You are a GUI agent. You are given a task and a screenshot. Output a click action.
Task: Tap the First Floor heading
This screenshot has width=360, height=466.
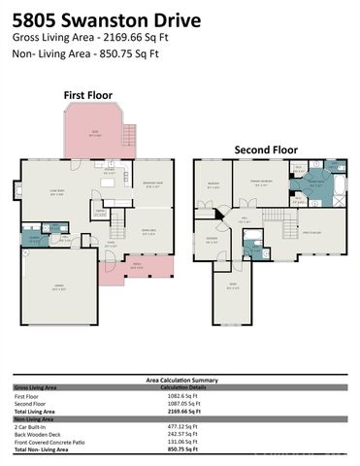tap(88, 95)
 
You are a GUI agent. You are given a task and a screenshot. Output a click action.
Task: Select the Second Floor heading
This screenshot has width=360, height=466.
tap(264, 150)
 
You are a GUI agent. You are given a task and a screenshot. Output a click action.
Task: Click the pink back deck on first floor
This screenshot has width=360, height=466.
tap(95, 133)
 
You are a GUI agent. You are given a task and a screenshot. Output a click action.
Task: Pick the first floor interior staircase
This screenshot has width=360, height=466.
tap(118, 228)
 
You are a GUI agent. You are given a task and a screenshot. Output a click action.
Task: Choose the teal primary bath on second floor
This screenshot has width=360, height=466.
tap(313, 183)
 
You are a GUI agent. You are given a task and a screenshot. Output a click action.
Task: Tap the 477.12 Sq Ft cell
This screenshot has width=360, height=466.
tap(183, 426)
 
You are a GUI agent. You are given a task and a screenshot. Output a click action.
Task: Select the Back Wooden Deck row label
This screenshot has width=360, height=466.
tap(40, 434)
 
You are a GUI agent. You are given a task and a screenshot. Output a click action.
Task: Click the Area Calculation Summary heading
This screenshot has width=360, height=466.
tap(180, 381)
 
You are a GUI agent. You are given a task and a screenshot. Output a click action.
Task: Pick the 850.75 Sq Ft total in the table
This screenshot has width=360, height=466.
tap(183, 449)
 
